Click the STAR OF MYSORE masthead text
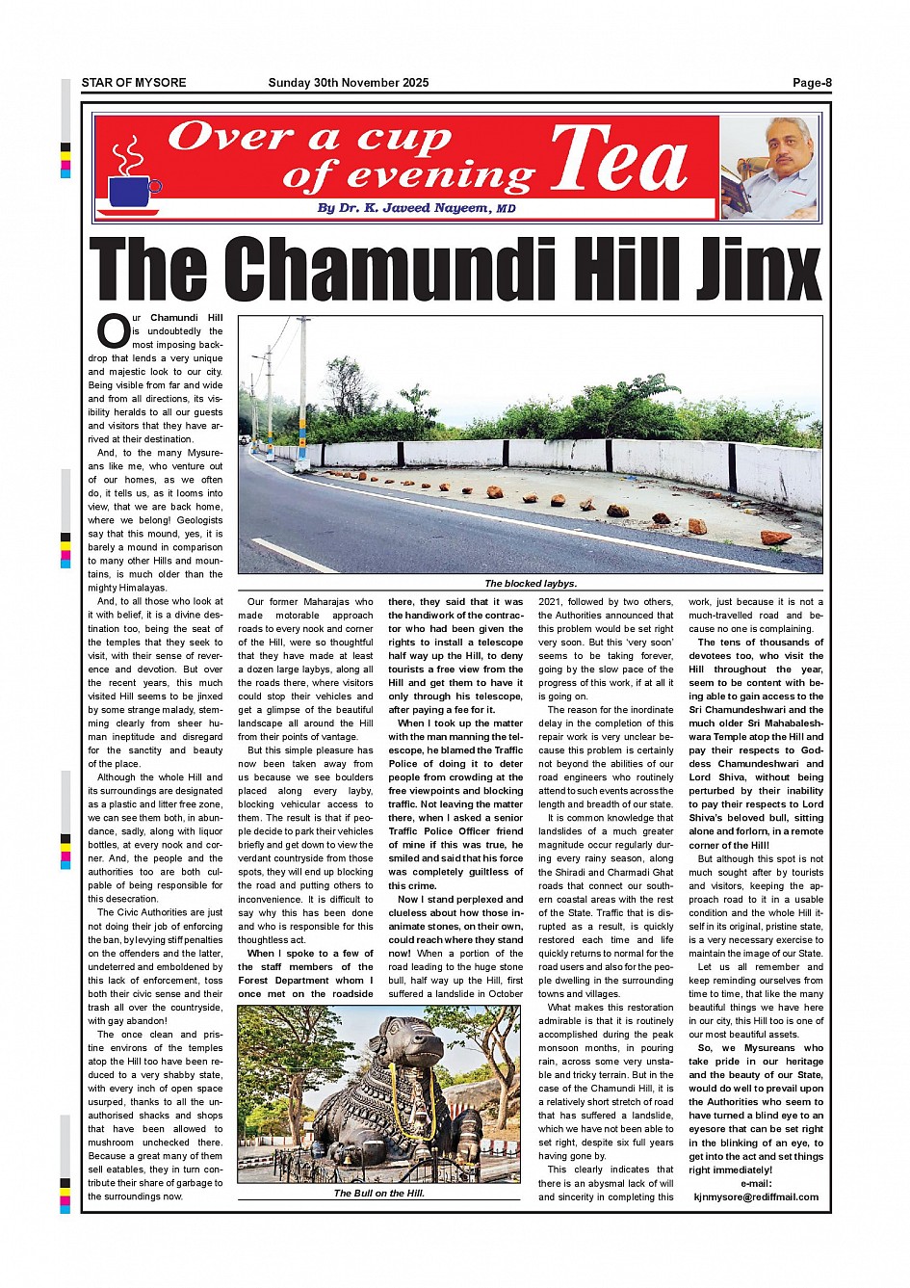pos(134,83)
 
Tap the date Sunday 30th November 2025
pos(349,83)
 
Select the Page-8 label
pos(812,83)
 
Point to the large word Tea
pos(620,160)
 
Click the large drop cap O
pos(113,332)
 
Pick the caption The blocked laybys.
pos(531,584)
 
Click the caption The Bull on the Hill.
pos(378,1193)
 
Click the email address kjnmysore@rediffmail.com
pos(756,1197)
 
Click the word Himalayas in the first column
pos(141,588)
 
